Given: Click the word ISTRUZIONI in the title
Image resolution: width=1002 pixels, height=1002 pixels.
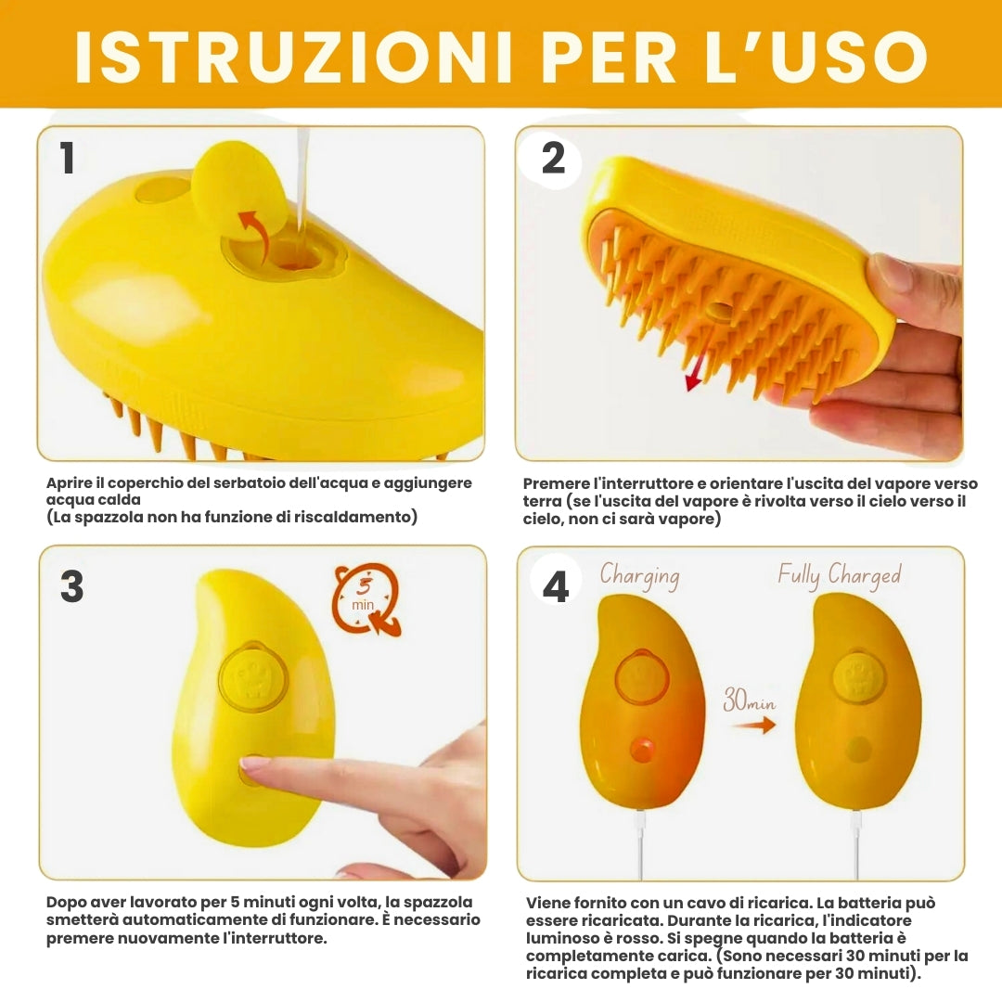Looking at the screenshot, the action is click(x=293, y=57).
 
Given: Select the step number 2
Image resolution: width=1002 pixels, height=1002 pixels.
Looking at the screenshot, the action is click(x=553, y=158).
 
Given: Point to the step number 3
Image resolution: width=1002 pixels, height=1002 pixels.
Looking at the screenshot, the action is click(x=71, y=586).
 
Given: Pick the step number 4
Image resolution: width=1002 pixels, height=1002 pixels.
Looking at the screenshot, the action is click(x=556, y=586).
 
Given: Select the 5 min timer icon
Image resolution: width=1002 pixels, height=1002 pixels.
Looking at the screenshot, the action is click(x=366, y=599).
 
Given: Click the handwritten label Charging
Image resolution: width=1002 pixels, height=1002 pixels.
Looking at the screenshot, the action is click(x=639, y=576).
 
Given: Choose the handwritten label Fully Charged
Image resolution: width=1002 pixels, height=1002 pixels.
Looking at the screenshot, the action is click(x=840, y=576).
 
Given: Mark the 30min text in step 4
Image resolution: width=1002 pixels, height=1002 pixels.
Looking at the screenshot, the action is click(x=749, y=700).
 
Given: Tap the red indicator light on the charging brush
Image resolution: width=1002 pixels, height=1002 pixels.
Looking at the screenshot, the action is click(x=642, y=749).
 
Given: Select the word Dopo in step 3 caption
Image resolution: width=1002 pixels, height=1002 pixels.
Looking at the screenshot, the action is click(x=66, y=903).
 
